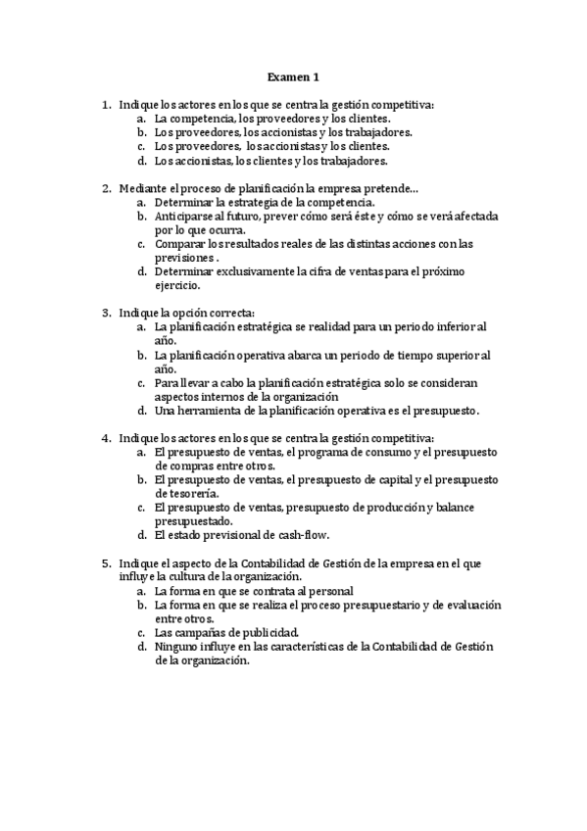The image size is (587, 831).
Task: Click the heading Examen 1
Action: coord(293,75)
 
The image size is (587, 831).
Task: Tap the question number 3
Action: coord(106,313)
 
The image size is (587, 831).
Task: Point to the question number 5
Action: coord(106,563)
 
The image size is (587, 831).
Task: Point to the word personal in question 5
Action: coord(330,592)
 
